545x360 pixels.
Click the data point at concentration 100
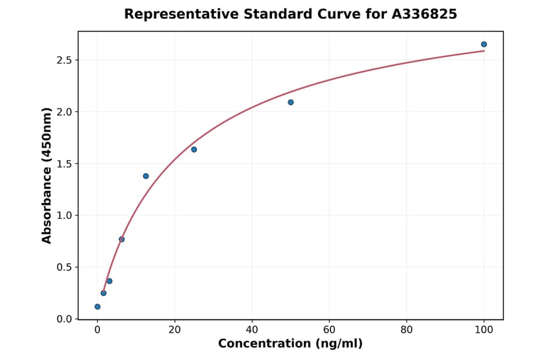484,44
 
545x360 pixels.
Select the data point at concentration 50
291,102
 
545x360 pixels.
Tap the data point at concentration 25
194,150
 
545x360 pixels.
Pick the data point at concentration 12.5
146,176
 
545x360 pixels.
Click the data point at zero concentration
97,307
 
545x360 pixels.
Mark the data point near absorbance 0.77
122,239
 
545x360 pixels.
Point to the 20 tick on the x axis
174,330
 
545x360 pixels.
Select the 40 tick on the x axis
252,330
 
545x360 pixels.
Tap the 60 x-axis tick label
329,330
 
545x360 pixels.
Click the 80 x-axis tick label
406,330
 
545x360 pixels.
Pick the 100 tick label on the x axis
484,330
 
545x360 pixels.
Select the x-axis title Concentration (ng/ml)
290,344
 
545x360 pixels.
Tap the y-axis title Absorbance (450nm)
47,176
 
